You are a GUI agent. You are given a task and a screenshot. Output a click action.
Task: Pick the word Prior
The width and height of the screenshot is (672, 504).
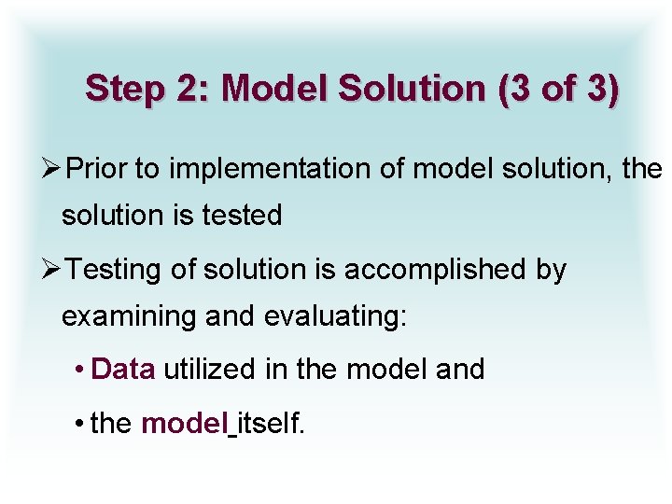(98, 169)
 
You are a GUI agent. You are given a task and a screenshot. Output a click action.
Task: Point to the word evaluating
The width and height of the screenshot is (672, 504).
(336, 317)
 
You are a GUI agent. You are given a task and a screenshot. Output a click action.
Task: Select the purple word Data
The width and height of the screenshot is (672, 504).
(123, 370)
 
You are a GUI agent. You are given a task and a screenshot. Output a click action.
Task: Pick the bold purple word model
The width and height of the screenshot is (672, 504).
(184, 424)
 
